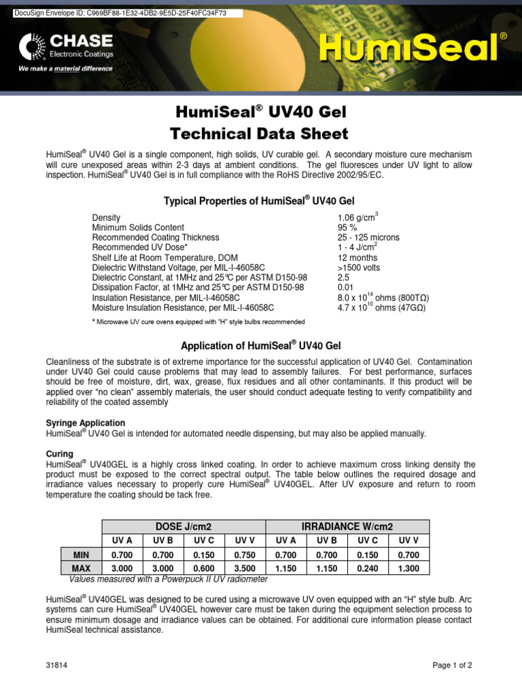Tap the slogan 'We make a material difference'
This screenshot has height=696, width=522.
click(65, 69)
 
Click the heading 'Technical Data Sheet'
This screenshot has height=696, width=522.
click(261, 133)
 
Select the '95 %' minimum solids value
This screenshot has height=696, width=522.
click(347, 228)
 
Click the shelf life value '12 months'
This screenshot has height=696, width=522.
click(358, 258)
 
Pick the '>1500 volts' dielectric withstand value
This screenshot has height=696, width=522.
click(359, 268)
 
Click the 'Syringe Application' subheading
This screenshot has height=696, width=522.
click(85, 423)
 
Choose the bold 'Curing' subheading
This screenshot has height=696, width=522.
click(59, 453)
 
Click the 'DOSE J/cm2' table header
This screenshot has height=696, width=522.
click(183, 527)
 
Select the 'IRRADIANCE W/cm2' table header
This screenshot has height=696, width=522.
click(347, 527)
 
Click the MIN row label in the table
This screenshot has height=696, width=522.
click(82, 555)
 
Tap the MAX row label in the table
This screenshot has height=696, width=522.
click(82, 568)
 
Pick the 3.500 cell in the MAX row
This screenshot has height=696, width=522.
click(244, 568)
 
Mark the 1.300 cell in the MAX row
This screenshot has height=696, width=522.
click(408, 568)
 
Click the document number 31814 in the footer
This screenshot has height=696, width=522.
click(56, 665)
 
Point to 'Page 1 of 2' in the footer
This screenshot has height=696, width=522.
click(453, 665)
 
